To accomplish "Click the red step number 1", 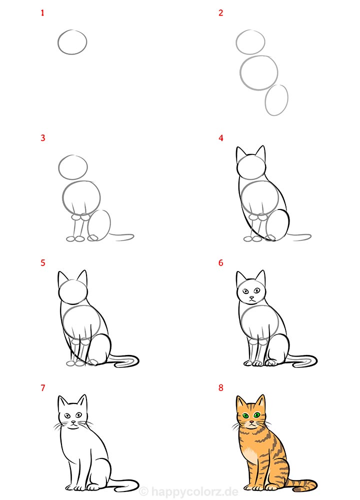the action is point(42,13).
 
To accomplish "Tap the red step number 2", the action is point(220,13).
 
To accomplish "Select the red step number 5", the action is point(42,263).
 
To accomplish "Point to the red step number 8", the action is point(221,388).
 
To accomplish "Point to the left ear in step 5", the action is point(61,277).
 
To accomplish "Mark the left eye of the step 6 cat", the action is point(245,291).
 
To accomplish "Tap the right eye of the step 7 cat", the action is point(78,415).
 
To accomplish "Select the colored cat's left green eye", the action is point(245,416).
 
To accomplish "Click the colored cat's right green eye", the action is point(256,415).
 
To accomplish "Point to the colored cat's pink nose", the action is point(252,422).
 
